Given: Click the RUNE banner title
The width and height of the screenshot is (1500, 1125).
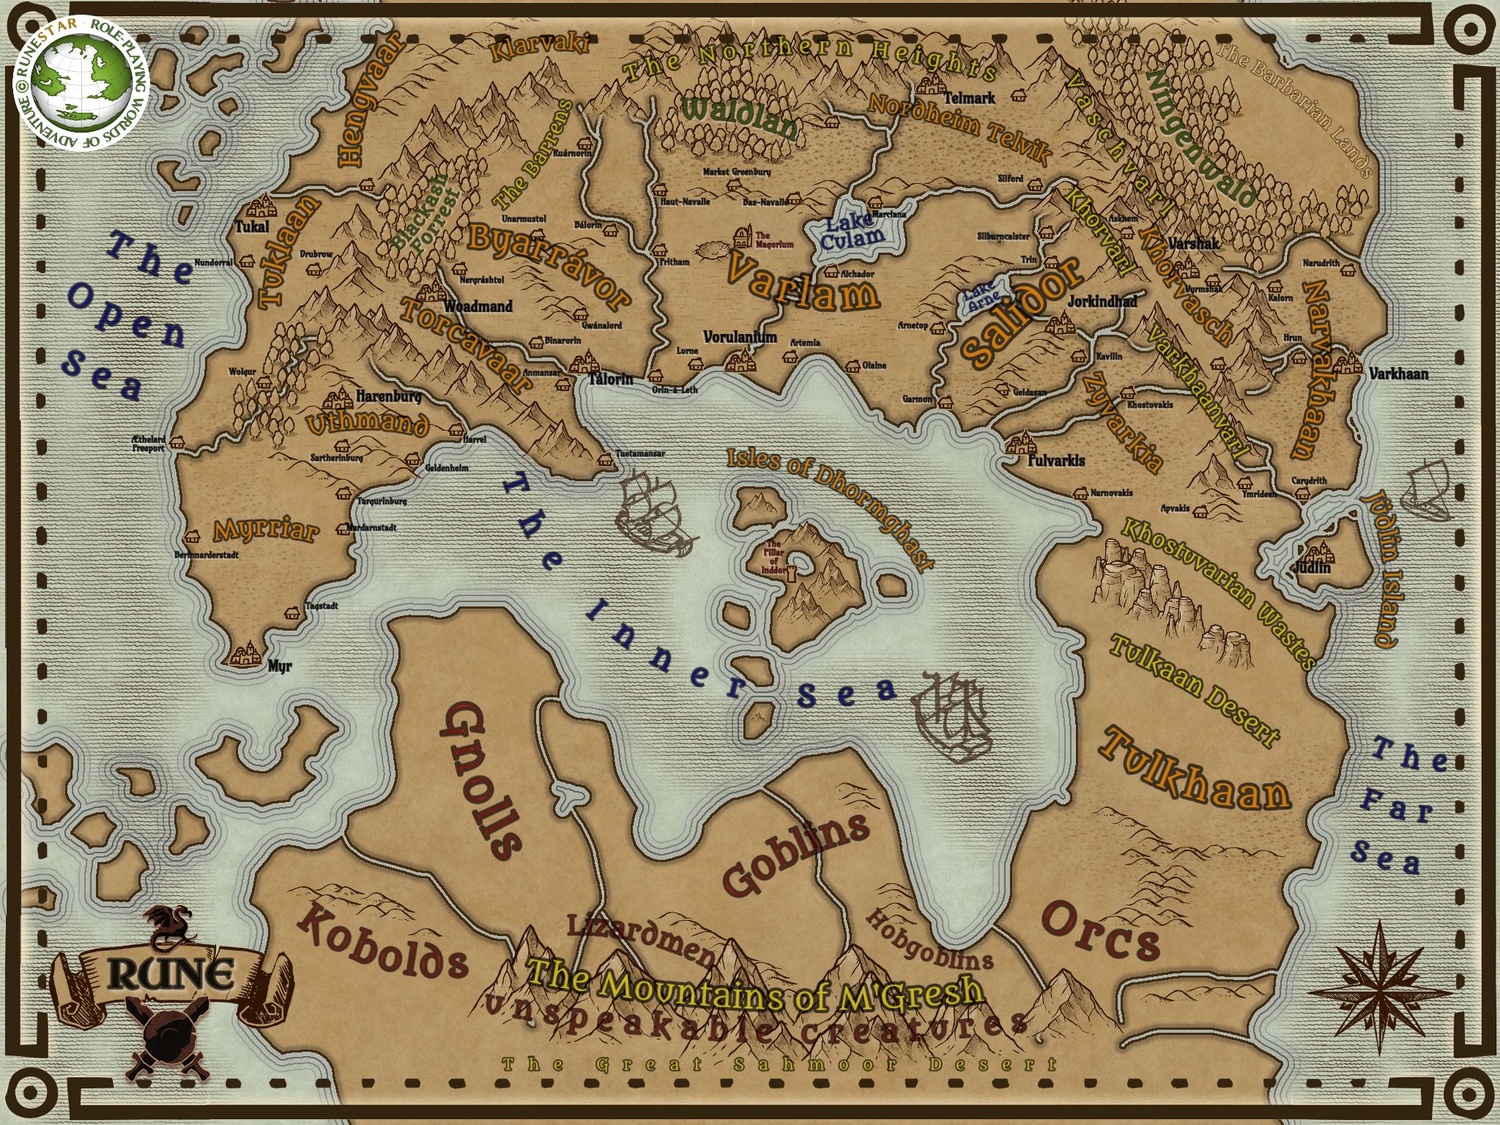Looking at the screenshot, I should tap(173, 974).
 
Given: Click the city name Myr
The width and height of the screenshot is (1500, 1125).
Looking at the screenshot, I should tap(280, 667).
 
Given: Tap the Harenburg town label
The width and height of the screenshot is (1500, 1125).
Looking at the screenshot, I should tap(388, 397).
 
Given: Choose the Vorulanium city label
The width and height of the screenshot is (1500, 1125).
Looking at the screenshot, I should tap(740, 337).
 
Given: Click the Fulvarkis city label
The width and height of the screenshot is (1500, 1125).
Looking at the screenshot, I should tap(1056, 461).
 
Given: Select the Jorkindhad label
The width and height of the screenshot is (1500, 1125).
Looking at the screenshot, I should tap(1102, 302).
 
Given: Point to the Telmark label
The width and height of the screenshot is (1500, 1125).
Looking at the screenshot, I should tap(969, 97).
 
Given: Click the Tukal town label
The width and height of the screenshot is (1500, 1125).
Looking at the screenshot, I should tap(251, 227).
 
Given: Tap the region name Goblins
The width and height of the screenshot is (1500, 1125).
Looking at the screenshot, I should tap(795, 853).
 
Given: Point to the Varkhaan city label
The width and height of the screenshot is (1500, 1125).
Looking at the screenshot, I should tap(1398, 374).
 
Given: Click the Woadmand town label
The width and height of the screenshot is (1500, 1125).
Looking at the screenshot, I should tap(478, 306).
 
